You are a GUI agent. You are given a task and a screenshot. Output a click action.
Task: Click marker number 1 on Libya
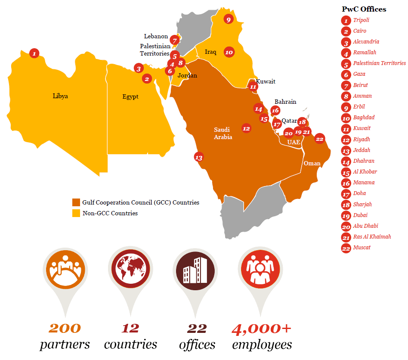click(x=34, y=53)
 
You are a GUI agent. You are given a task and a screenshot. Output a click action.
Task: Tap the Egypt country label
click(x=130, y=97)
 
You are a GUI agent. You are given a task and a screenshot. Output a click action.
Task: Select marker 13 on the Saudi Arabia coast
click(x=198, y=157)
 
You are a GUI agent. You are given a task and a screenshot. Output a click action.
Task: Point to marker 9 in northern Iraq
click(x=228, y=19)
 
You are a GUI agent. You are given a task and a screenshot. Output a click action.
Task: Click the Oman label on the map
click(x=312, y=163)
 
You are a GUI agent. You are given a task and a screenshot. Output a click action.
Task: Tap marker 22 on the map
click(x=319, y=139)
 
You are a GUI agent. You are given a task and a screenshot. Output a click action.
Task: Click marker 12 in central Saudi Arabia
click(x=246, y=128)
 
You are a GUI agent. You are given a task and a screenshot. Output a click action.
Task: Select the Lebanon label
click(x=156, y=37)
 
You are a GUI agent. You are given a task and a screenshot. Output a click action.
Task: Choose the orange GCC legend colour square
click(x=76, y=202)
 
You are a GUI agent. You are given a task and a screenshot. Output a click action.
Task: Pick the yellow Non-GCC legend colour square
click(x=76, y=213)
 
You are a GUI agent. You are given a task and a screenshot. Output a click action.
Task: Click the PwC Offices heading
click(x=364, y=9)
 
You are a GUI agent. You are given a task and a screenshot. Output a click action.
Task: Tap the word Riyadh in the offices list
click(x=362, y=140)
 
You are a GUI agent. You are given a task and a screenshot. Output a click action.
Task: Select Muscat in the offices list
click(x=362, y=248)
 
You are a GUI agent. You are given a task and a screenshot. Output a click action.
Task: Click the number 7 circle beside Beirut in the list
click(x=346, y=85)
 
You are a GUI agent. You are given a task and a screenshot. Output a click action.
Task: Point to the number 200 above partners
click(x=65, y=328)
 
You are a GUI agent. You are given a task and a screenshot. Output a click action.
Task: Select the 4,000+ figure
click(x=262, y=329)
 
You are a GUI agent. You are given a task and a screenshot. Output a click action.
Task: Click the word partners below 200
click(x=65, y=344)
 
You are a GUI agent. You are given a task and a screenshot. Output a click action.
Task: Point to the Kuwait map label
click(x=266, y=81)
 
